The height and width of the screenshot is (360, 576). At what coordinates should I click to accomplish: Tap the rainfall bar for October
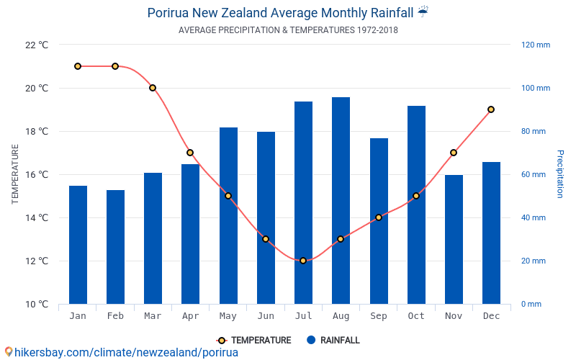(x=416, y=204)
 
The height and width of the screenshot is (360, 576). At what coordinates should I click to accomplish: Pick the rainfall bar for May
(x=228, y=215)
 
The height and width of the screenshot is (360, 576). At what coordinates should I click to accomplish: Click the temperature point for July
(x=303, y=261)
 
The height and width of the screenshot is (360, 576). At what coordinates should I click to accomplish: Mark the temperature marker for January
(x=78, y=66)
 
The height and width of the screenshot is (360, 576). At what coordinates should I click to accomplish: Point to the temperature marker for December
(x=491, y=109)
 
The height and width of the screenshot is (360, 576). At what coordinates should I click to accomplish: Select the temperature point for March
(x=153, y=88)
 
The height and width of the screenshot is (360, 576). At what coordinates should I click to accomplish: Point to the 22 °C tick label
(x=37, y=45)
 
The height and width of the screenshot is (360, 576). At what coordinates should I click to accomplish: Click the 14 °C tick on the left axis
(x=37, y=217)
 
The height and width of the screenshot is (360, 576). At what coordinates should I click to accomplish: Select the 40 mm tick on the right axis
(x=534, y=217)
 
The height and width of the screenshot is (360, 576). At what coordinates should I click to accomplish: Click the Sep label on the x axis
(x=379, y=316)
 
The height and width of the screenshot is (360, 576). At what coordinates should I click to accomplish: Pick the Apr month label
(x=190, y=316)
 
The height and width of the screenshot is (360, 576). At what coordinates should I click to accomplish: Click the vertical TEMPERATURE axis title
(x=15, y=174)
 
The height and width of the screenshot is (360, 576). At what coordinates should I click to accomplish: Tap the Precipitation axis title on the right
(x=559, y=174)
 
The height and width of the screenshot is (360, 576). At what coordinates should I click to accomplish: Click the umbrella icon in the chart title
(x=423, y=12)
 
